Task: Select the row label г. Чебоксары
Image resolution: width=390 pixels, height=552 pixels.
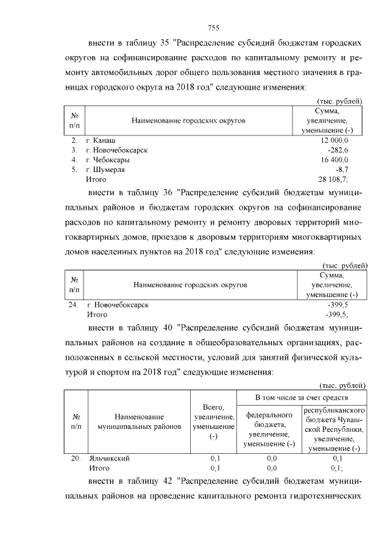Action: coord(112,160)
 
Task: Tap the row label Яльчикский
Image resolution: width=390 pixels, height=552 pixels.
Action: coord(109,459)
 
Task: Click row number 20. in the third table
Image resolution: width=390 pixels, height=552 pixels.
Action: coord(76,459)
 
